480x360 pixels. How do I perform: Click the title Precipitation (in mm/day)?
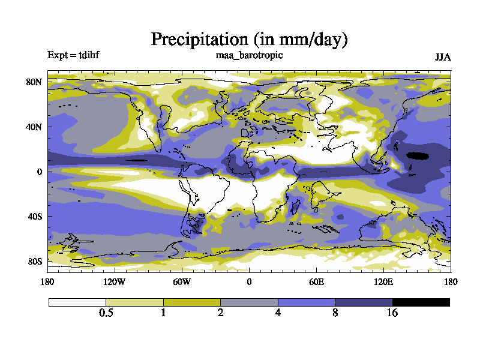[249, 40]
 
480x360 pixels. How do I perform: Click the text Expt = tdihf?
[73, 56]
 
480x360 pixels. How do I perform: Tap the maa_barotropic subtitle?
[249, 55]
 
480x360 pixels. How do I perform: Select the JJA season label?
[442, 57]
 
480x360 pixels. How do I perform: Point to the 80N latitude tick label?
[34, 82]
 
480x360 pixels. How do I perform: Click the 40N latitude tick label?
[34, 127]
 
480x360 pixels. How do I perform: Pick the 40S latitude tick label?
[34, 217]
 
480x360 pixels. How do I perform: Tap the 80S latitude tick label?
[34, 262]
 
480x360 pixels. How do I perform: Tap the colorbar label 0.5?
[106, 313]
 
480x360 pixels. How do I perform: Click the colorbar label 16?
[392, 313]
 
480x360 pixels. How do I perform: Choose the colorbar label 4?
[278, 313]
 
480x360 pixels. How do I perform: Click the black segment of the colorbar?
[421, 302]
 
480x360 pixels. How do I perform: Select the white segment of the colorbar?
[77, 302]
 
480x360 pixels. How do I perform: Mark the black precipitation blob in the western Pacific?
[418, 155]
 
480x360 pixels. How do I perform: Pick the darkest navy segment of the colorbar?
[364, 302]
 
